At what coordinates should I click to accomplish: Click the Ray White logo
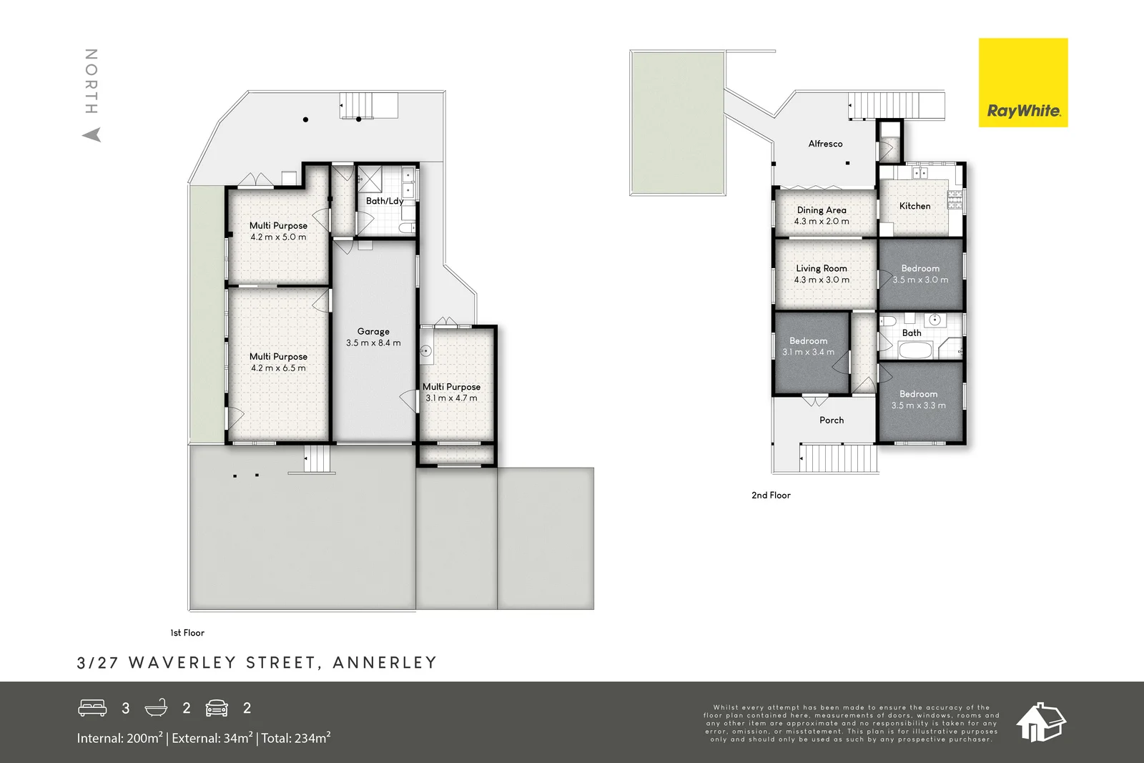click(x=1023, y=83)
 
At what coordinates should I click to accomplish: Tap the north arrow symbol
click(x=92, y=135)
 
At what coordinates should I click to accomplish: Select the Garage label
click(x=373, y=332)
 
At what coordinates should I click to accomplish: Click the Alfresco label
click(x=825, y=144)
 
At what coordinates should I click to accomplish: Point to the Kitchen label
click(x=914, y=206)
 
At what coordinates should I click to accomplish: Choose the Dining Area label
click(x=822, y=210)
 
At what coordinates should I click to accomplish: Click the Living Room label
click(x=822, y=268)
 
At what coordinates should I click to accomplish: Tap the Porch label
click(x=832, y=420)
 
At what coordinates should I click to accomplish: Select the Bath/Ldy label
click(x=385, y=201)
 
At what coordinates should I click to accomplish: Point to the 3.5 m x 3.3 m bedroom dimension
click(x=918, y=405)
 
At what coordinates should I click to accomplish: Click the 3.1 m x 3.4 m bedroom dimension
click(x=808, y=352)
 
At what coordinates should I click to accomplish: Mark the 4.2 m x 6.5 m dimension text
click(x=278, y=368)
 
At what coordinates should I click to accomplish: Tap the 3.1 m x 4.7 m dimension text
click(x=451, y=398)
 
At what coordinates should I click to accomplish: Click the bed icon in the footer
click(x=92, y=708)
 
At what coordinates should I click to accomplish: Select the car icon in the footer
click(x=217, y=708)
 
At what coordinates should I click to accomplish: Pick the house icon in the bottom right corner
click(x=1041, y=722)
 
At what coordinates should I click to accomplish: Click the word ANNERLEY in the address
click(x=385, y=662)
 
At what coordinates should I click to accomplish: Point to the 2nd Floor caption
click(x=771, y=495)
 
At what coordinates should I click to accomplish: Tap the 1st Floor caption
click(x=187, y=633)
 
